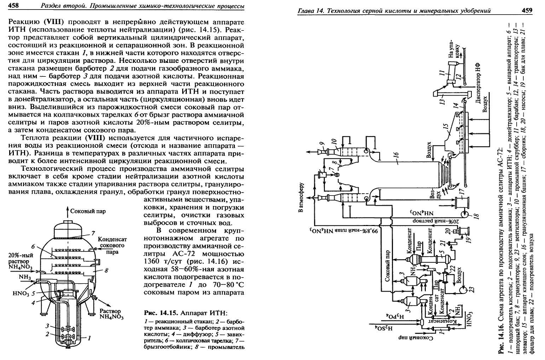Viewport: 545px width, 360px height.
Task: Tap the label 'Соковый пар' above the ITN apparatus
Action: coord(85,211)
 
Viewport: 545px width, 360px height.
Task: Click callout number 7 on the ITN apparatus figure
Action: coord(94,233)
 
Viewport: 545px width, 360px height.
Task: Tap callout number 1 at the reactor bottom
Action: coord(90,337)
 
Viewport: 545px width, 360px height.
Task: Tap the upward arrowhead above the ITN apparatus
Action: coord(68,209)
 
